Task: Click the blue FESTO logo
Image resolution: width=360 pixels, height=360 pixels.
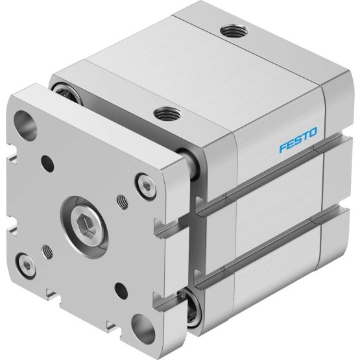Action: tap(298, 140)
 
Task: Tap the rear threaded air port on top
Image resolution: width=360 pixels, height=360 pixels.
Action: tap(234, 31)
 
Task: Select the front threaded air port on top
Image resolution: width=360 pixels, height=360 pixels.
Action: tap(167, 114)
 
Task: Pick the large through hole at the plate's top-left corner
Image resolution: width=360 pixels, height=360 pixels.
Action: tap(25, 125)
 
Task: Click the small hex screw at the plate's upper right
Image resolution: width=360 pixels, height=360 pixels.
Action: tap(146, 186)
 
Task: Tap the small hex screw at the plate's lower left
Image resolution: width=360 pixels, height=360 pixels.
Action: tap(27, 266)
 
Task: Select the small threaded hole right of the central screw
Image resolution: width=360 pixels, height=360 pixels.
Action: tap(123, 202)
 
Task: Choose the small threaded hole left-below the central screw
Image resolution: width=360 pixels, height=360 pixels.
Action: tap(48, 252)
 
